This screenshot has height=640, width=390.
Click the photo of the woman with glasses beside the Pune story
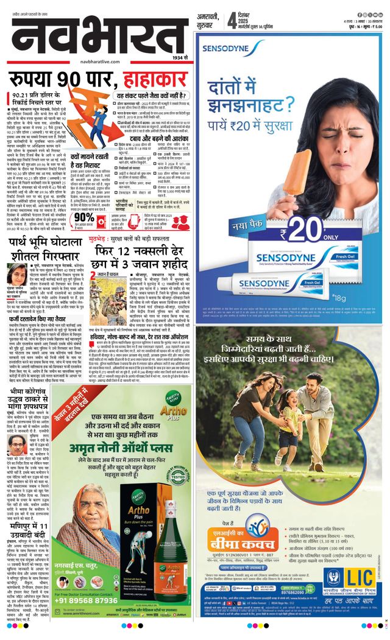16,274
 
